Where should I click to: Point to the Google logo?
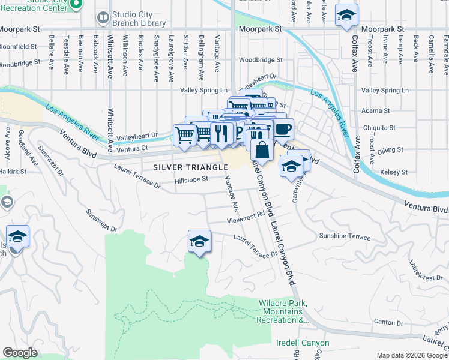pos(20,353)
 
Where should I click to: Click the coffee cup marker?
pos(283,128)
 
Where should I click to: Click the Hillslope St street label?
pos(191,179)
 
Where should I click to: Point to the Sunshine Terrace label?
pos(345,236)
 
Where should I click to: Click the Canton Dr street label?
pos(388,322)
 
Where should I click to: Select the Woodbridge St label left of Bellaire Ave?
pos(20,61)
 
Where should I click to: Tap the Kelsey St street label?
pos(394,172)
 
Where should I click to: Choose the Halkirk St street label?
pos(14,172)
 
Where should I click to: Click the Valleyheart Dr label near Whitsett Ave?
pos(136,136)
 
